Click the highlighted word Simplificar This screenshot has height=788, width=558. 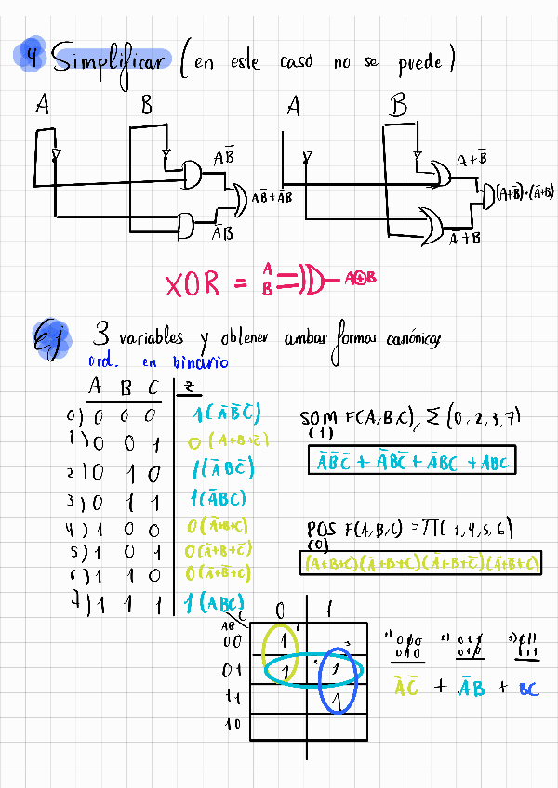point(110,60)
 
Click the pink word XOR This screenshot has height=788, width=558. point(193,284)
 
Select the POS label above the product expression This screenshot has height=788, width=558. point(321,529)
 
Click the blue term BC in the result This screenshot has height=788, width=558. point(527,689)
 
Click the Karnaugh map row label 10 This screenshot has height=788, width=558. point(233,723)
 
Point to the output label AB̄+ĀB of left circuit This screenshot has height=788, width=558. point(272,197)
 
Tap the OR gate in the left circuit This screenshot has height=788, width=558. point(238,198)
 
